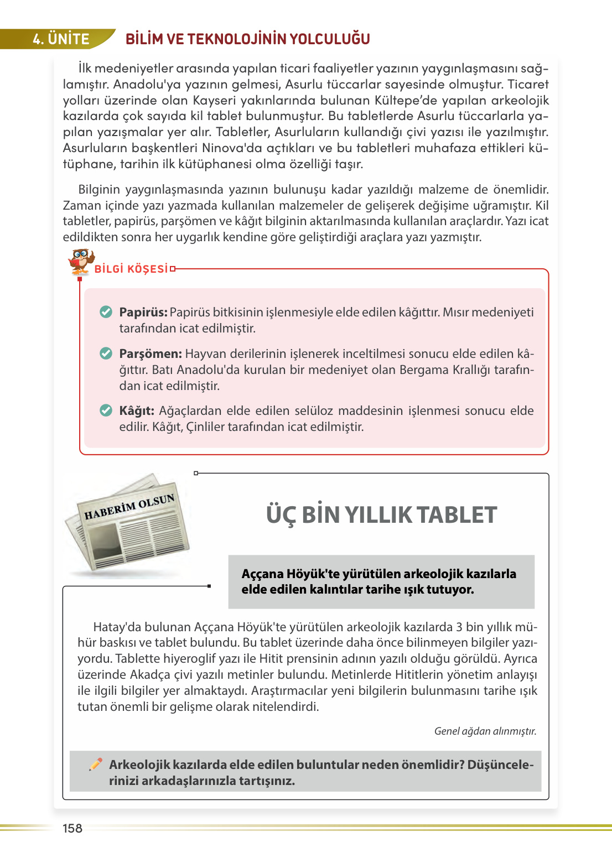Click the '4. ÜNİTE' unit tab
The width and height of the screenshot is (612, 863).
pos(61,39)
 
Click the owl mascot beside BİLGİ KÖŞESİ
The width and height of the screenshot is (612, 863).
pos(81,261)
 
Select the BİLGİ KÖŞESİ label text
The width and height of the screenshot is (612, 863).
pos(131,269)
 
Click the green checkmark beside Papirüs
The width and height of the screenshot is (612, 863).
pos(106,312)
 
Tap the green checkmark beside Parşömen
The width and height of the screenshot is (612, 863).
pos(106,353)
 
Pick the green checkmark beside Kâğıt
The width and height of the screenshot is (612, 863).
pos(106,410)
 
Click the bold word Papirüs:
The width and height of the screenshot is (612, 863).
pos(143,312)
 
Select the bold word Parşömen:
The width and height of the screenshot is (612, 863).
pos(150,353)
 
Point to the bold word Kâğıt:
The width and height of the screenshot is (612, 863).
pos(137,410)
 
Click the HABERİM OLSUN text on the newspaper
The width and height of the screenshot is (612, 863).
pos(129,507)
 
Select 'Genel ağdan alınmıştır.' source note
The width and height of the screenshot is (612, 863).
pos(485,731)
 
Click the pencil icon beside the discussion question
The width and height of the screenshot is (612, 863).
pos(96,764)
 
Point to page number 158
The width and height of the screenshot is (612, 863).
pos(72,828)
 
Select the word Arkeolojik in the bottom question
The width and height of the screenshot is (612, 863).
pos(139,765)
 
